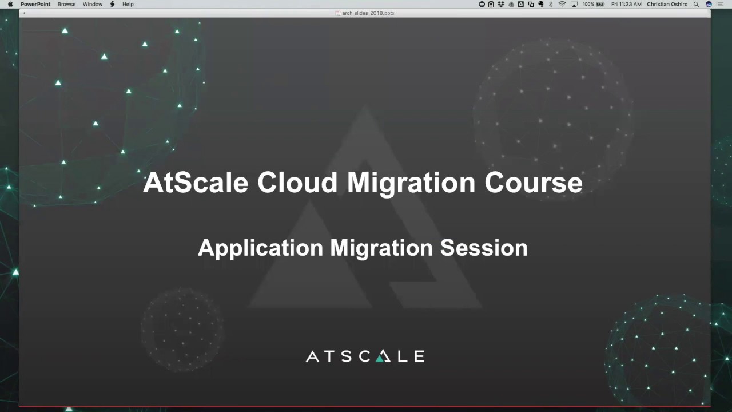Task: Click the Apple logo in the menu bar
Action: pos(10,4)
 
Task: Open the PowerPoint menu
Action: pos(35,4)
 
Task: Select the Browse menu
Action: pos(66,4)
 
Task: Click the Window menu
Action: pos(93,4)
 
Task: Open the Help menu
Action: pos(128,4)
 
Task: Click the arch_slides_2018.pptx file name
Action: pos(368,13)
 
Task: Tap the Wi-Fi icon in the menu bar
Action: pos(562,4)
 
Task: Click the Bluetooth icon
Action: pos(551,4)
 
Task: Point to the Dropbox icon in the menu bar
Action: pos(501,4)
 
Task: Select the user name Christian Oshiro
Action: pos(667,4)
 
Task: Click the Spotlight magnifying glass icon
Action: pos(696,4)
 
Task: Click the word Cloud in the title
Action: pos(297,183)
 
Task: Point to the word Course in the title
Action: pos(533,183)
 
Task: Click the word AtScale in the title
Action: pos(196,183)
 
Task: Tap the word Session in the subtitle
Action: pos(484,248)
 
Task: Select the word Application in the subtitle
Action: pos(260,248)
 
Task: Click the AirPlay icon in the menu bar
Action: pos(574,4)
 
